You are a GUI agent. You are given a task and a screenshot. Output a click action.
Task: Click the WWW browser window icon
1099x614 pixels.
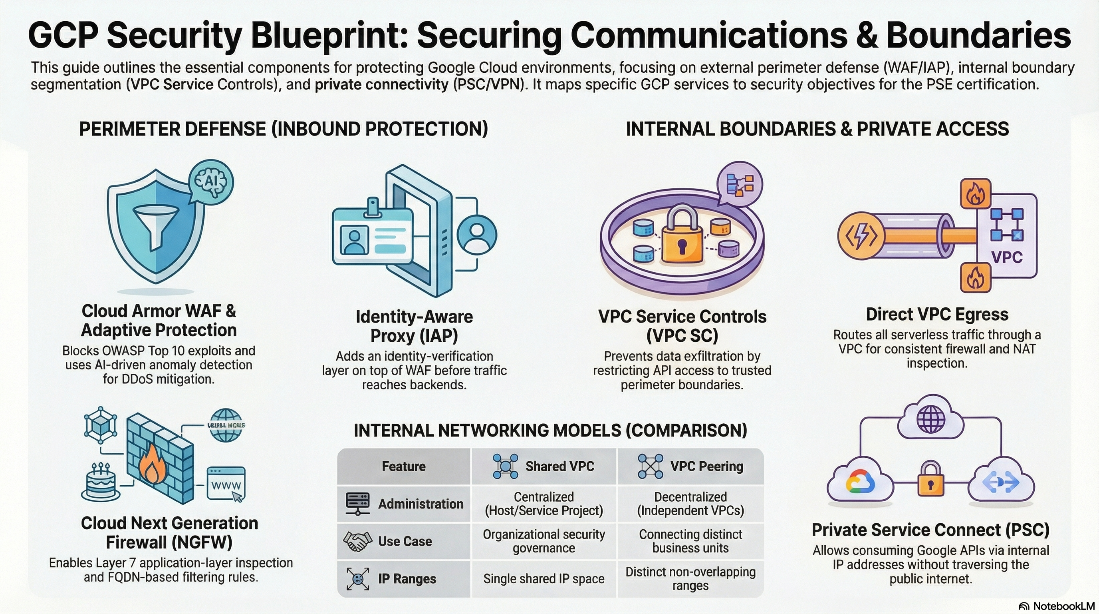pyautogui.click(x=226, y=484)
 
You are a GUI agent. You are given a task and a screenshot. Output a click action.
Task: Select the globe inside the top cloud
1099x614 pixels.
pyautogui.click(x=931, y=420)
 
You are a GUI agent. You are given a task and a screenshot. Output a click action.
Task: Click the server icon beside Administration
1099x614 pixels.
pyautogui.click(x=357, y=504)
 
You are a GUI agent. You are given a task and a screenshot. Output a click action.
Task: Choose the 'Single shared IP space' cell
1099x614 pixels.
pyautogui.click(x=544, y=578)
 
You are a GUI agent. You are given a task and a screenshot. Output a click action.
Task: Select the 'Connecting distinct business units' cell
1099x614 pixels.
pyautogui.click(x=690, y=541)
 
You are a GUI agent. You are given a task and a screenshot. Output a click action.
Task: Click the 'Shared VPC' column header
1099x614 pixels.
pyautogui.click(x=544, y=466)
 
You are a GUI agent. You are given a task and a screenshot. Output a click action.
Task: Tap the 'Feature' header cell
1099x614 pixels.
pyautogui.click(x=404, y=466)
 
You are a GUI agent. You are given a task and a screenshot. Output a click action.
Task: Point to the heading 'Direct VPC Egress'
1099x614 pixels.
pyautogui.click(x=937, y=314)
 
